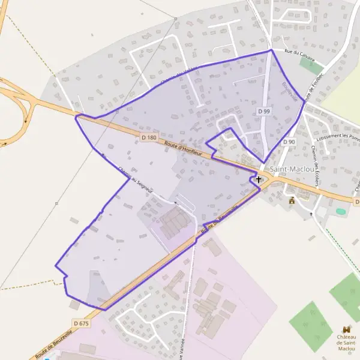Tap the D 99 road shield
[x=264, y=111]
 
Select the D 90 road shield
[x=289, y=142]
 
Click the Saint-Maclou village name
[x=292, y=170]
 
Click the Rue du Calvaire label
[x=300, y=53]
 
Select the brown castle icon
[x=346, y=329]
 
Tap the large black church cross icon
[x=259, y=179]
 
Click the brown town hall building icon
[x=292, y=200]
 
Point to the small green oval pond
[x=341, y=211]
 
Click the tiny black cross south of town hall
[x=311, y=214]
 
